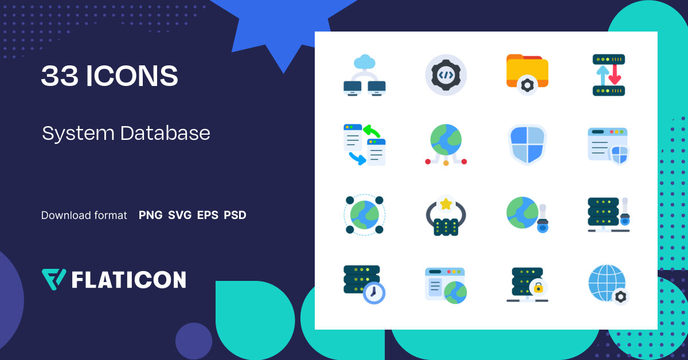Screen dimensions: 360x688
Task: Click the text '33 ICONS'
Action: coord(110,76)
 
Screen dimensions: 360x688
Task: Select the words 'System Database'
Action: coord(126,133)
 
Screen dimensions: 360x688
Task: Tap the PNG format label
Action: coord(150,216)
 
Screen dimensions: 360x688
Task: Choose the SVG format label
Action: coord(179,216)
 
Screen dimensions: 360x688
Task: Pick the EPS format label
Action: coord(208,216)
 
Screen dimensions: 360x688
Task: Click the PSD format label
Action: coord(235,216)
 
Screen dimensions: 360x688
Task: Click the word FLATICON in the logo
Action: coord(128,280)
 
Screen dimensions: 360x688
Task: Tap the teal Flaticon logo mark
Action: coord(54,279)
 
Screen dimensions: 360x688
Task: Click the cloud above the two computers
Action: coord(365,61)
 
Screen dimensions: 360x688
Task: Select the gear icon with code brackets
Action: coord(446,75)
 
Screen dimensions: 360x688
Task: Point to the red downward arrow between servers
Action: coord(615,75)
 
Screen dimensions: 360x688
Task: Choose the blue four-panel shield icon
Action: coord(527,144)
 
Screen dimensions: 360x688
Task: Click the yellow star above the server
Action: coord(445,204)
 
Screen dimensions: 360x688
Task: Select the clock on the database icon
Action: coord(374,293)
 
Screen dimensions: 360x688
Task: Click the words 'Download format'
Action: coord(84,216)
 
